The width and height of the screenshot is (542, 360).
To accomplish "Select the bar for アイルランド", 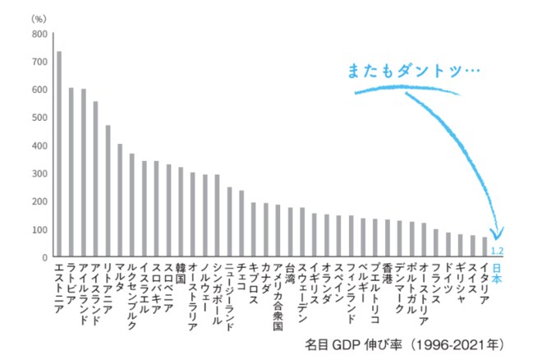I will pyautogui.click(x=83, y=173).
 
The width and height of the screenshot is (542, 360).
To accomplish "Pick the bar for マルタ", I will pyautogui.click(x=120, y=201).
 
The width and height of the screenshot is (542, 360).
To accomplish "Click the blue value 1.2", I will pyautogui.click(x=497, y=251).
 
